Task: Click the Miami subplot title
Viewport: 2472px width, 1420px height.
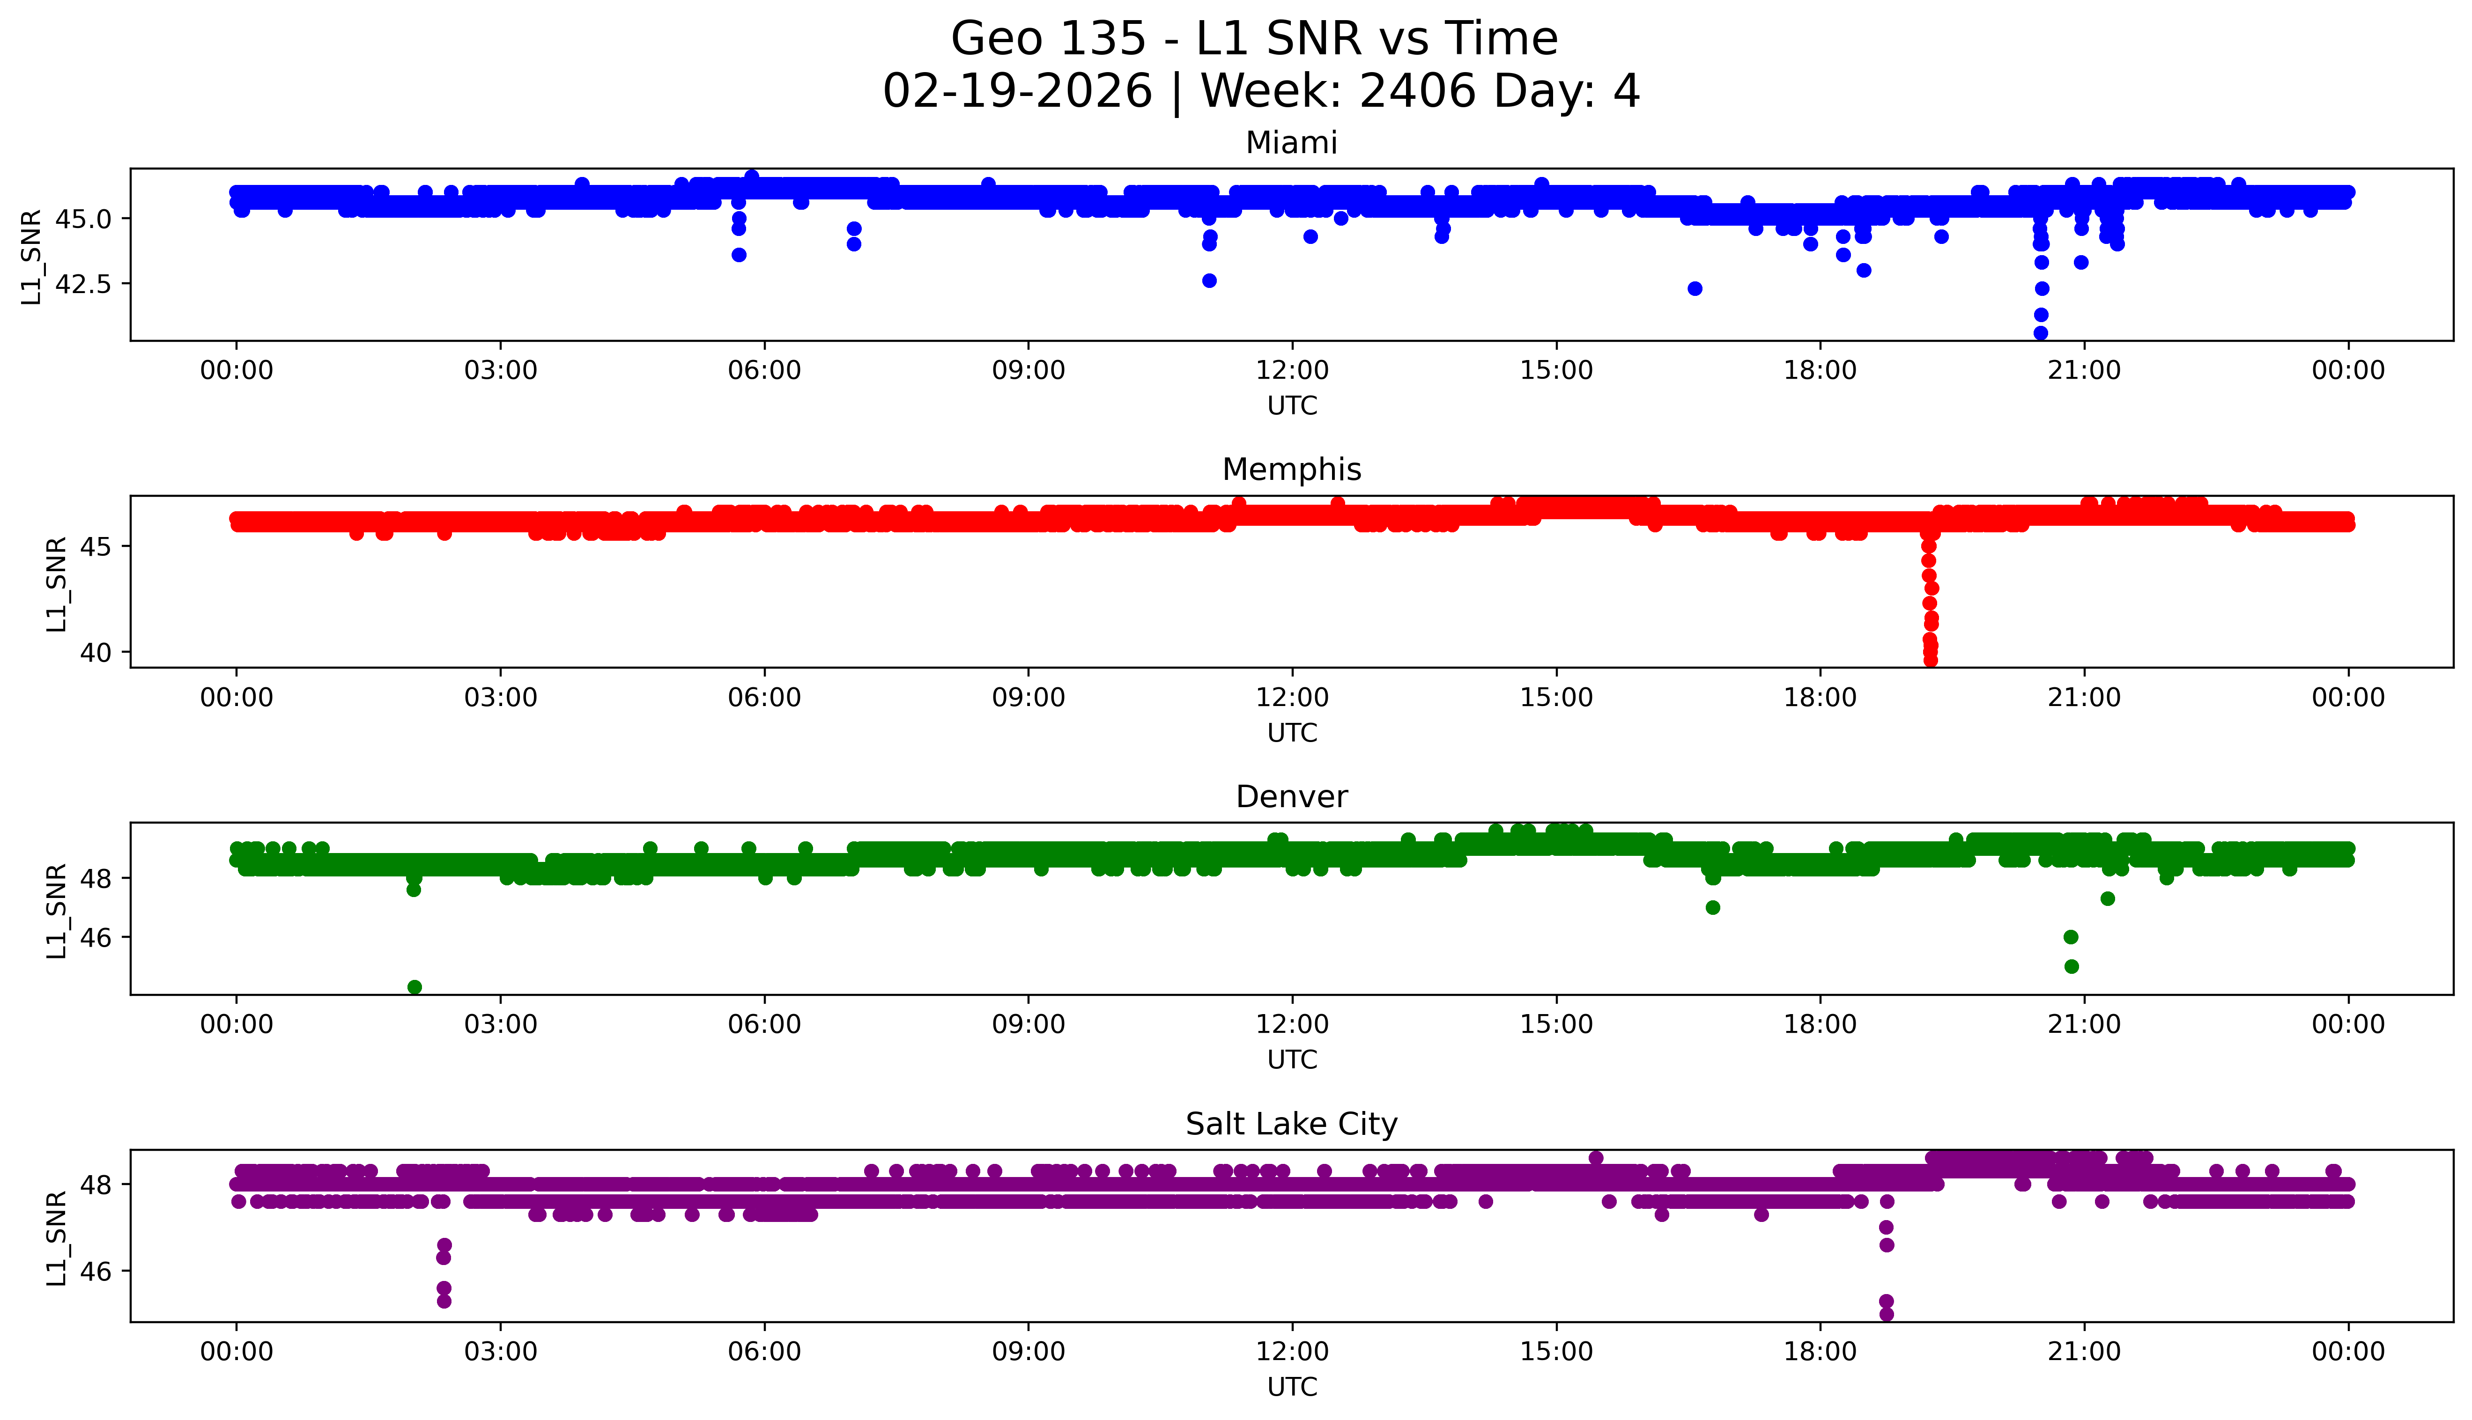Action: tap(1291, 143)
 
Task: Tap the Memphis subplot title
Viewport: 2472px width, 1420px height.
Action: tap(1291, 470)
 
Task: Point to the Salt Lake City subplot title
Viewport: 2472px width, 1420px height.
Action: tap(1291, 1125)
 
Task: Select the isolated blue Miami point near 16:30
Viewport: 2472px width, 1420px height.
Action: tap(1695, 289)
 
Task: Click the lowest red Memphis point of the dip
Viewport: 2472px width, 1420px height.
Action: tap(1930, 661)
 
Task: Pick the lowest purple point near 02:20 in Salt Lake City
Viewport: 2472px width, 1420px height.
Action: tap(444, 1301)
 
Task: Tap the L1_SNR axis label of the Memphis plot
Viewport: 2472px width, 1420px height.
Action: tap(57, 583)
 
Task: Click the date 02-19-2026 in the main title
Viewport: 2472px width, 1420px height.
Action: tap(1016, 92)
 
